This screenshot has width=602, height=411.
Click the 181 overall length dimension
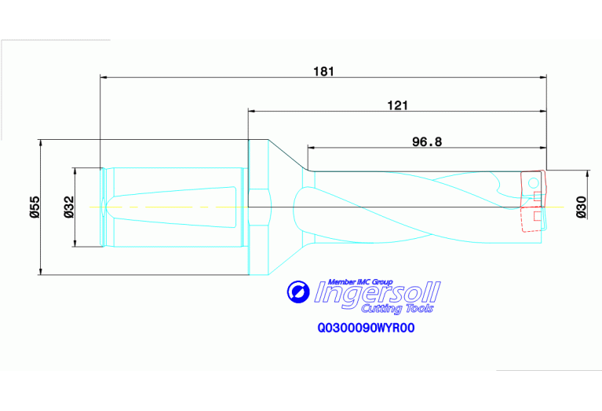pos(323,71)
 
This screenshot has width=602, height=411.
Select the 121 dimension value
pos(398,105)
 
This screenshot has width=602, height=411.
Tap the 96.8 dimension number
pos(428,141)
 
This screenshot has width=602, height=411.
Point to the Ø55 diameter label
pos(35,207)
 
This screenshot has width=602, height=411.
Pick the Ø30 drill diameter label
pos(581,207)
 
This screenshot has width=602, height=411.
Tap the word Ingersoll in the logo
pos(378,295)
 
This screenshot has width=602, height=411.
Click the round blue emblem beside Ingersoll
pos(297,292)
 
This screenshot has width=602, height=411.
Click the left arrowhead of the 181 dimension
pos(104,77)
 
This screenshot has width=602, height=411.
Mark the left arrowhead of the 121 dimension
pos(252,112)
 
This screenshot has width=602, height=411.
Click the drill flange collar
pos(259,207)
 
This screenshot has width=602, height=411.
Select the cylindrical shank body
pos(173,207)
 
